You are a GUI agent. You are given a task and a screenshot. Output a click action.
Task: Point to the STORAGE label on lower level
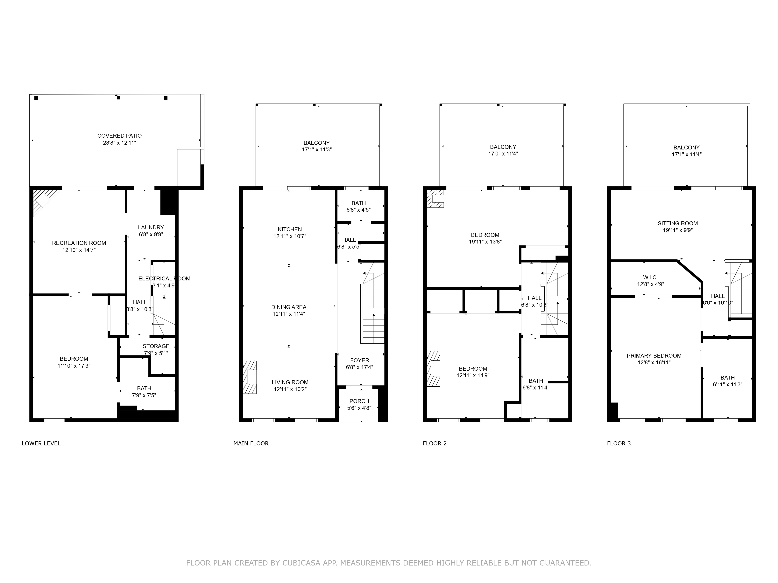click(156, 346)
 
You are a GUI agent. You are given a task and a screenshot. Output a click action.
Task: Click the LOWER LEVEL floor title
click(41, 443)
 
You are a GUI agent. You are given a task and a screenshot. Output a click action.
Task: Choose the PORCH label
click(359, 401)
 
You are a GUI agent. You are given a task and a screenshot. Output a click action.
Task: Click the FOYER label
click(359, 360)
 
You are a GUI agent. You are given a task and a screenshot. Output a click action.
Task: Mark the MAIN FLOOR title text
click(251, 443)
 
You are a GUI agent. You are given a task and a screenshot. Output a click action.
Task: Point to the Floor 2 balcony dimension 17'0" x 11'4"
click(503, 154)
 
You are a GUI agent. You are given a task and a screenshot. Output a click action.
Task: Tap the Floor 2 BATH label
click(536, 381)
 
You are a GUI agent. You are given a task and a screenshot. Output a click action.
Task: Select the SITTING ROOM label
click(677, 223)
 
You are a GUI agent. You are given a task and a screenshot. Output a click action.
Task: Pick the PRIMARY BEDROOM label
click(654, 356)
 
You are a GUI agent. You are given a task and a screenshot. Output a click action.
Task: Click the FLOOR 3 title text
click(619, 443)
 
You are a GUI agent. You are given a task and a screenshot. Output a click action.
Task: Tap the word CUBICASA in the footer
click(301, 563)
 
